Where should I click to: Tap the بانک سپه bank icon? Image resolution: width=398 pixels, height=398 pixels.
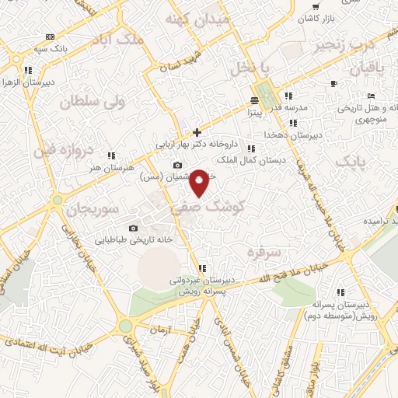pos(51,37)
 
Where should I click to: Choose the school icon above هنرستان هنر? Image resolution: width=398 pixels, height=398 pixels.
pos(111,155)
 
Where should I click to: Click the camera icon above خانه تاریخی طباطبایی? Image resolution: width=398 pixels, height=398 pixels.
pos(133,228)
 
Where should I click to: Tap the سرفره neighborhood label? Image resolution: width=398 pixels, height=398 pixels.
pos(262,252)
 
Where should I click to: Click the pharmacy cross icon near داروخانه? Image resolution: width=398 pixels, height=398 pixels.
pos(197,132)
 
